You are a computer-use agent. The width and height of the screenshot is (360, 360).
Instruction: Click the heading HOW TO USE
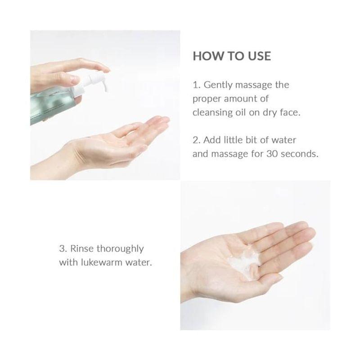[232, 56]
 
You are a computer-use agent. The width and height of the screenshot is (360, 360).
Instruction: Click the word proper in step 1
[205, 99]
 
